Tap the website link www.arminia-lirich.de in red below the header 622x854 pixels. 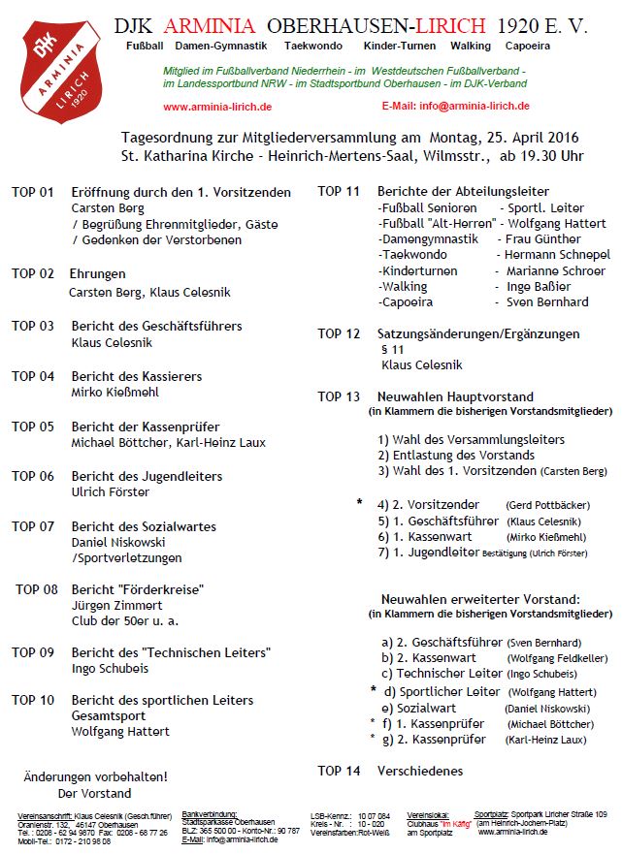(217, 107)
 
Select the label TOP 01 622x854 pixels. (33, 192)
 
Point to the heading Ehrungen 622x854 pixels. (98, 274)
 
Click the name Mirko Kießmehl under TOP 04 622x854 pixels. (115, 393)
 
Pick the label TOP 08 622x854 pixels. (37, 588)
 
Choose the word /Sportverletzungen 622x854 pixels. (127, 558)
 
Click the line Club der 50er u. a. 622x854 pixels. (125, 620)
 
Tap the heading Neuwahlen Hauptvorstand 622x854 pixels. (455, 396)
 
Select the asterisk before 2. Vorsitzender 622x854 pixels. (360, 503)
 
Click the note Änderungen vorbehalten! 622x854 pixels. (95, 776)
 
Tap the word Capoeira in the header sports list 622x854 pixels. (553, 46)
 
